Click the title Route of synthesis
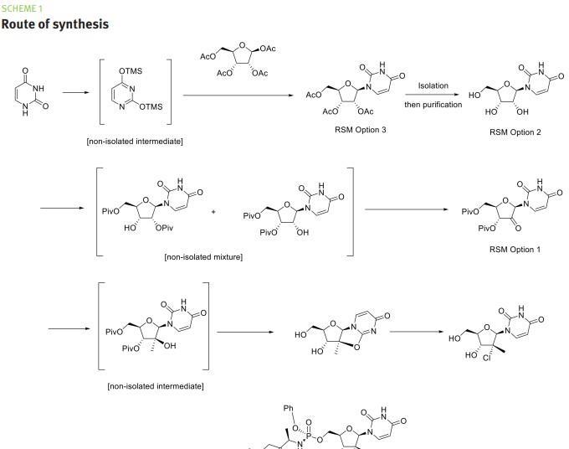click(54, 23)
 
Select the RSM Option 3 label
click(356, 130)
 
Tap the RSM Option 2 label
click(515, 132)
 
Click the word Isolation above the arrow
click(433, 85)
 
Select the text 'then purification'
click(433, 105)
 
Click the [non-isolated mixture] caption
click(203, 256)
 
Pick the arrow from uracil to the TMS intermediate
click(76, 93)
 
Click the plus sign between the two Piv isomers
click(213, 212)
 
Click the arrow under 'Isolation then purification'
click(433, 95)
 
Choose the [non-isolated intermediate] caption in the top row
click(135, 141)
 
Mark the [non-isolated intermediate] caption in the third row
click(156, 385)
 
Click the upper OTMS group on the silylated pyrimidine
click(131, 71)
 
